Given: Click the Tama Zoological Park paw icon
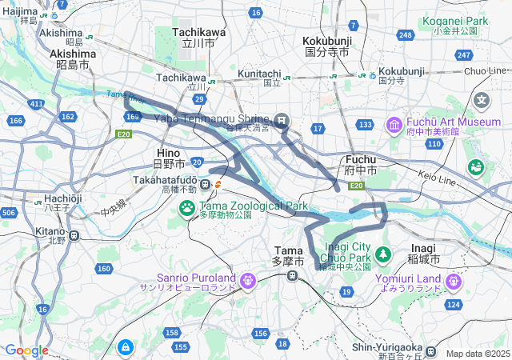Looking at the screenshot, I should [x=187, y=208].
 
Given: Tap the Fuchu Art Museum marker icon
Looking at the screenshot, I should [x=394, y=125].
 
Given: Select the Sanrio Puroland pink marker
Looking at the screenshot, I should [x=246, y=280].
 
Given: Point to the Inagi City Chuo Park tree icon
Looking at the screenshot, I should [x=383, y=254].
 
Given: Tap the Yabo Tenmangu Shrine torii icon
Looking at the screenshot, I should [x=282, y=120].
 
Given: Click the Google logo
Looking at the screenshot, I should [x=26, y=350].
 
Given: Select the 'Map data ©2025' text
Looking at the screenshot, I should [x=477, y=354].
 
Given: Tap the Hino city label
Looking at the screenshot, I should [x=169, y=158].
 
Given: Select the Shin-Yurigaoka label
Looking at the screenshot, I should [x=388, y=347].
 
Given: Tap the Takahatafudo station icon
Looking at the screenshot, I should [x=206, y=186].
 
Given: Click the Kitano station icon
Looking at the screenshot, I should [x=74, y=235].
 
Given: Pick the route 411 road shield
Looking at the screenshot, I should [x=36, y=104].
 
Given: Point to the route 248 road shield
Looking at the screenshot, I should [x=406, y=35].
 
